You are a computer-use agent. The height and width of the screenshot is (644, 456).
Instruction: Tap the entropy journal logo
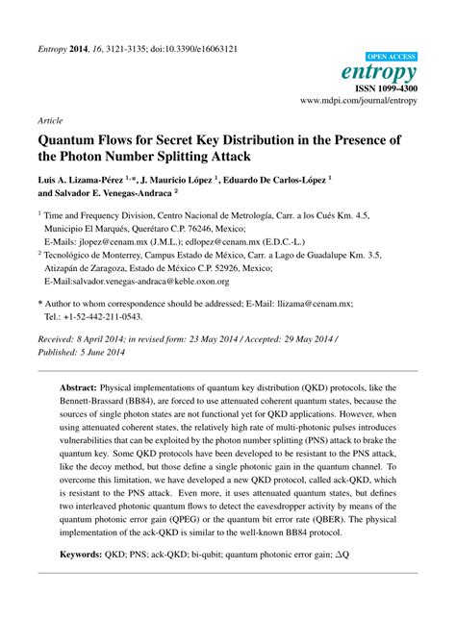pos(383,73)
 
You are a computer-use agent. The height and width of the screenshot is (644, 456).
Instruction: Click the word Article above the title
pos(51,121)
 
